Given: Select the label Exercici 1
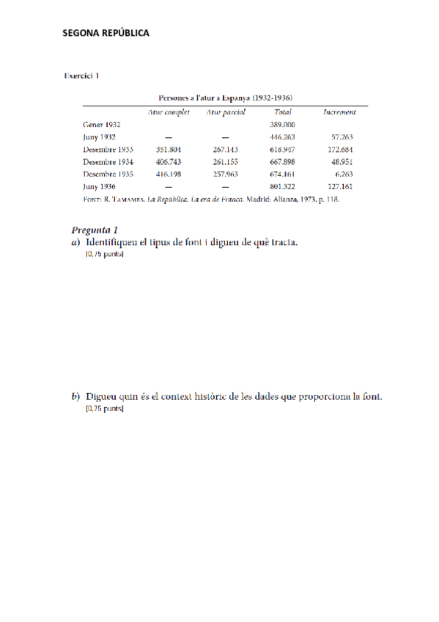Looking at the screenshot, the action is coord(82,76).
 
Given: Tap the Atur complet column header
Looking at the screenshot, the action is coord(169,112).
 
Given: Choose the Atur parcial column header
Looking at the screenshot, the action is coord(226,112).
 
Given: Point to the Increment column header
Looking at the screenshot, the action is coord(339,112).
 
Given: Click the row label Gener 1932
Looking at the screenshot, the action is coord(102,125).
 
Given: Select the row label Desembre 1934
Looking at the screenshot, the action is coord(108,161).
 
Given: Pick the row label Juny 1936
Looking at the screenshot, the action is coord(99,186).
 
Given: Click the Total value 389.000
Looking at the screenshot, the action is coord(282,125).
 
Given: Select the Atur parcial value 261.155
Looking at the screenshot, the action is coord(226,161).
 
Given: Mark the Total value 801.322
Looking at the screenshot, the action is coord(282,186).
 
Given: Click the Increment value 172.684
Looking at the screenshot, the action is coord(342,149).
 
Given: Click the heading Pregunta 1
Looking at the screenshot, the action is coord(98,230).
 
